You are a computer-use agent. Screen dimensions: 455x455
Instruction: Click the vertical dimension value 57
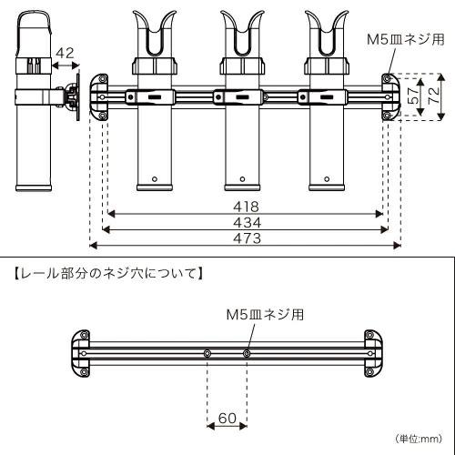click(x=411, y=96)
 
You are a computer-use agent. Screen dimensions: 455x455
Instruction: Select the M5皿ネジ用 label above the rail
click(x=265, y=312)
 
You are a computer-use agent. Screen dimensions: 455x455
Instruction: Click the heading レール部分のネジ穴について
click(x=106, y=271)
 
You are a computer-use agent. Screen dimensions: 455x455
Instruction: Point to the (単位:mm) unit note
click(x=418, y=439)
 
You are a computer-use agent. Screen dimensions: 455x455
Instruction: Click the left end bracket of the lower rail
click(x=81, y=353)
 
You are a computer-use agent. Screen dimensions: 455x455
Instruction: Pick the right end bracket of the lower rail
click(x=373, y=353)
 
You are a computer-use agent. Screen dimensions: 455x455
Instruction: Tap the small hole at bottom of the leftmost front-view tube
click(x=156, y=178)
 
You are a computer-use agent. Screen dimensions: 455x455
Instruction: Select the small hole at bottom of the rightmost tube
click(x=329, y=178)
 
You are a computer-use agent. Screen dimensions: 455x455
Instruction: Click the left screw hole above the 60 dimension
click(x=208, y=352)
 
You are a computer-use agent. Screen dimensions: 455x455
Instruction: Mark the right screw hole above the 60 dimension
click(x=247, y=352)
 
